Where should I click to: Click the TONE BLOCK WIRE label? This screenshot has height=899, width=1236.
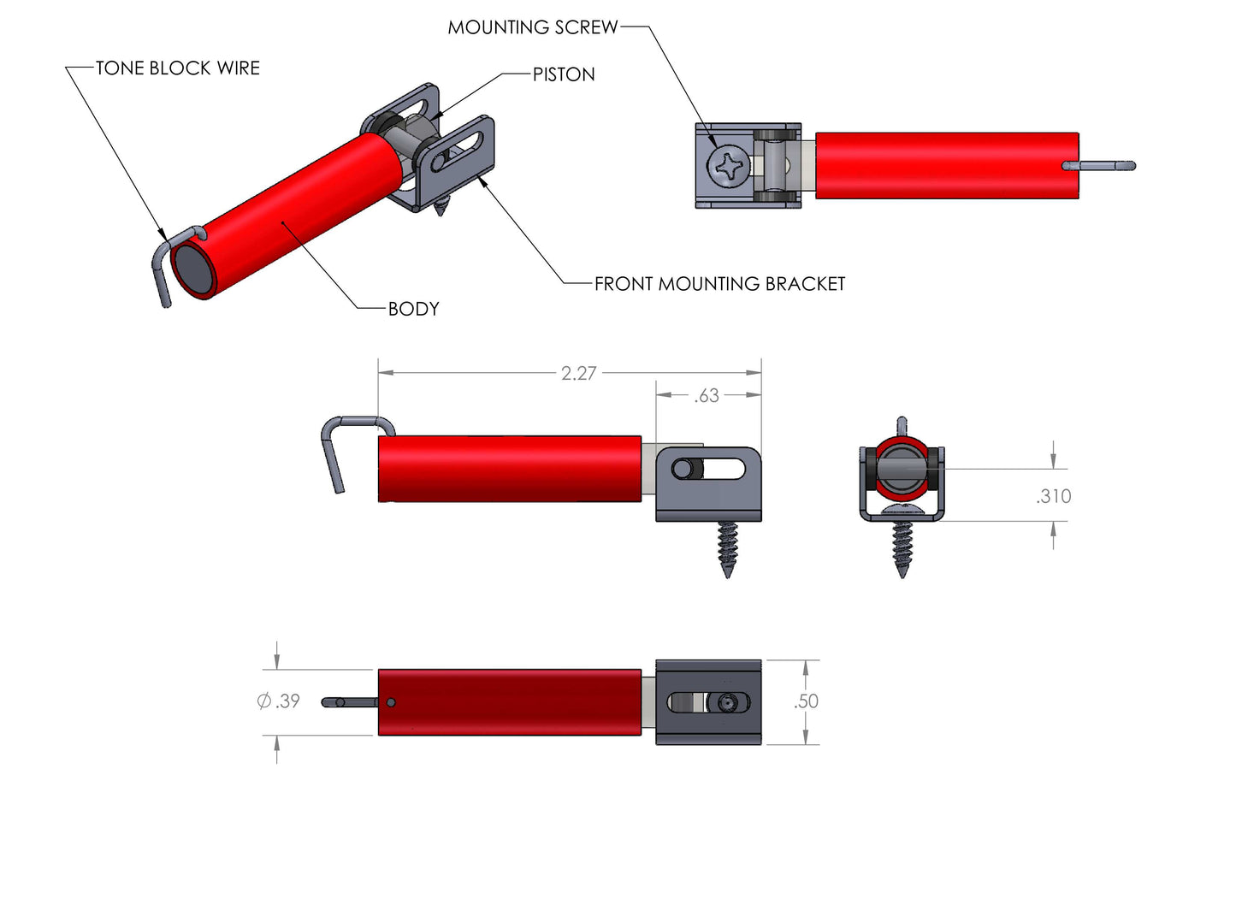click(x=177, y=68)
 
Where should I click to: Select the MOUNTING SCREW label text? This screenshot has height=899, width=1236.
click(x=532, y=27)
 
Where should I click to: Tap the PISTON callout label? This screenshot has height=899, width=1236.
click(x=564, y=74)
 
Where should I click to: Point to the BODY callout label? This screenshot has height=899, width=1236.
click(x=413, y=309)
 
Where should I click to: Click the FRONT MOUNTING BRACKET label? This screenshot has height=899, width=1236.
click(x=719, y=284)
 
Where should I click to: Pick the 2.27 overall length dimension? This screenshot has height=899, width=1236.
click(x=578, y=374)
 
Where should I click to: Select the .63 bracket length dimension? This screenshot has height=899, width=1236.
click(x=707, y=396)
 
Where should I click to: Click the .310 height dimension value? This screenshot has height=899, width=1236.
click(x=1053, y=496)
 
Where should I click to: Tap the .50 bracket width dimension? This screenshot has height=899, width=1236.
click(x=806, y=701)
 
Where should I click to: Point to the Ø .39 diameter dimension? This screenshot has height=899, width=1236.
click(x=279, y=701)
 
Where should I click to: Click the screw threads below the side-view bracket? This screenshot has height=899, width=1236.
click(x=727, y=547)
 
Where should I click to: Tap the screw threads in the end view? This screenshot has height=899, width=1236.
click(x=902, y=547)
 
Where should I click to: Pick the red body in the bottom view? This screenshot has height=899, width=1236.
click(x=510, y=702)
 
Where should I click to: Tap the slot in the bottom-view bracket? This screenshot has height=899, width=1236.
click(x=708, y=702)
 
